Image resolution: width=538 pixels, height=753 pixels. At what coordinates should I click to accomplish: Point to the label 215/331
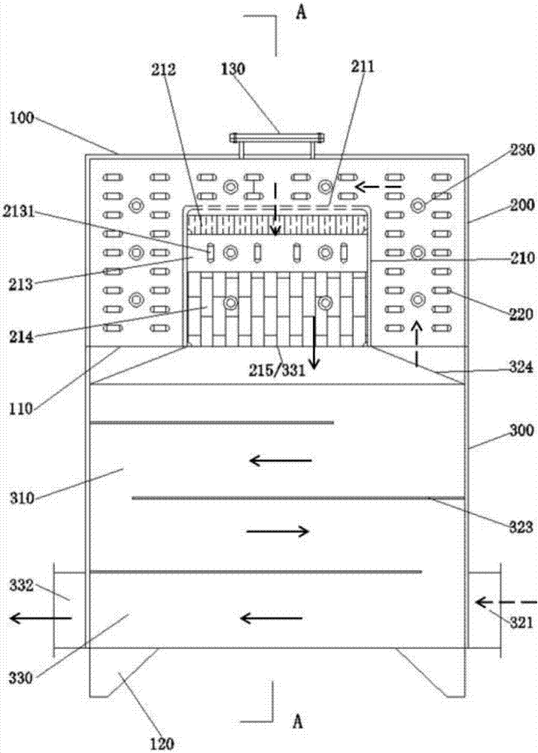[278, 370]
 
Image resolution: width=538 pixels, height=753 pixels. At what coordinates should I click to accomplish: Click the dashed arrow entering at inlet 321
[506, 602]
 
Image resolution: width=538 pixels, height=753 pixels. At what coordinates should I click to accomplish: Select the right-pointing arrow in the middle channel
[278, 532]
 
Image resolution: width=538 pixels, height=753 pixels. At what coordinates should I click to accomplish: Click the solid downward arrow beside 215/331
[312, 344]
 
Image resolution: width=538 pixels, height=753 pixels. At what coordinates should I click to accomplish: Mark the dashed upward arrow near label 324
[416, 343]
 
